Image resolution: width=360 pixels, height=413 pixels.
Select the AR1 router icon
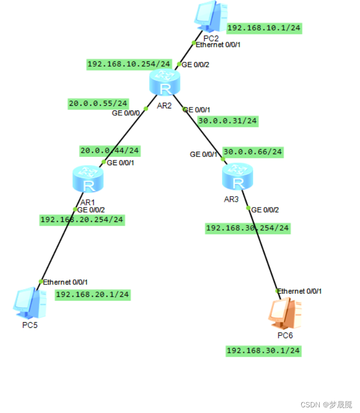89,179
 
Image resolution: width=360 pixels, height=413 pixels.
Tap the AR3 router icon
238,176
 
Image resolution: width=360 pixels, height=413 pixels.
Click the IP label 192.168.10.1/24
264,28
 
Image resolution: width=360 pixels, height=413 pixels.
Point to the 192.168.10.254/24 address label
129,64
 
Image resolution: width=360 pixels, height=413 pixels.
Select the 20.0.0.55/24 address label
99,104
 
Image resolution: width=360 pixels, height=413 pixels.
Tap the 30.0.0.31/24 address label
227,121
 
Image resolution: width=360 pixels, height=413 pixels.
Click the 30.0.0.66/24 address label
253,152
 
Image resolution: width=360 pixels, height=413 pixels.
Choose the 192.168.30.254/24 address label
248,228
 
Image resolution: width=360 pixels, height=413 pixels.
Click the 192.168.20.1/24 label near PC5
92,295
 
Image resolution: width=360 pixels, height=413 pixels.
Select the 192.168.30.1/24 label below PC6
264,351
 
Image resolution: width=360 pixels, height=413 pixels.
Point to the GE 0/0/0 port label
126,113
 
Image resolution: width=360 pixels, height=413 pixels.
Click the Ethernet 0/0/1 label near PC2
218,45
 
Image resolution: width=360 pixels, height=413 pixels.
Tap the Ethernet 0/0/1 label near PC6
300,291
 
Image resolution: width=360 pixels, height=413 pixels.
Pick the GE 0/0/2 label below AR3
265,210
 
